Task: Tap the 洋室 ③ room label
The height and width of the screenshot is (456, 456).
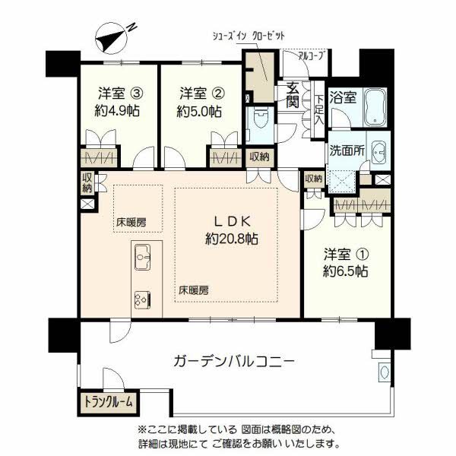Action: [118, 94]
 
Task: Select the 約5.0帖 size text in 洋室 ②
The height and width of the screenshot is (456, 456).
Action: [199, 111]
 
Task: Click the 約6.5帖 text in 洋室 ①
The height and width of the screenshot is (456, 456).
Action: [346, 271]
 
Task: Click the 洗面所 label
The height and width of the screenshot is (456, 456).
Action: [345, 150]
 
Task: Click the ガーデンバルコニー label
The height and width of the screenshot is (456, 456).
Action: [233, 361]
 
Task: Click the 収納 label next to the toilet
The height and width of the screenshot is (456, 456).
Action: [258, 157]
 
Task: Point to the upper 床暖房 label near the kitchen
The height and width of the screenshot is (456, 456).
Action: [130, 223]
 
